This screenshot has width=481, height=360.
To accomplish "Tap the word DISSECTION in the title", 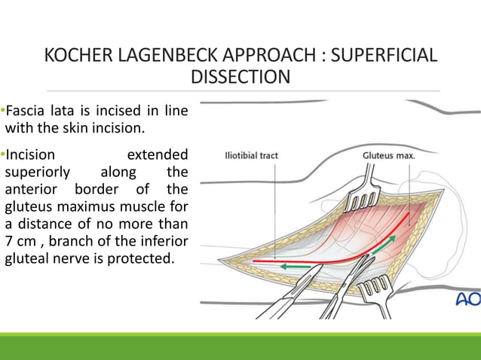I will pos(240,78).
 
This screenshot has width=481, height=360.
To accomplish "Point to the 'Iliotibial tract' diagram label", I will pos(251,157).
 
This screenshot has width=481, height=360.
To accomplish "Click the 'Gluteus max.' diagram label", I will pos(388,157).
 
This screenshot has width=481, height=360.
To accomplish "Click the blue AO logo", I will pos(467,300).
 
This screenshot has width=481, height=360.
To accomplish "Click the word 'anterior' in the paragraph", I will pos(32,189).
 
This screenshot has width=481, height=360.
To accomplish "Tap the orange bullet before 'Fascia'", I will pos(2,111).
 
